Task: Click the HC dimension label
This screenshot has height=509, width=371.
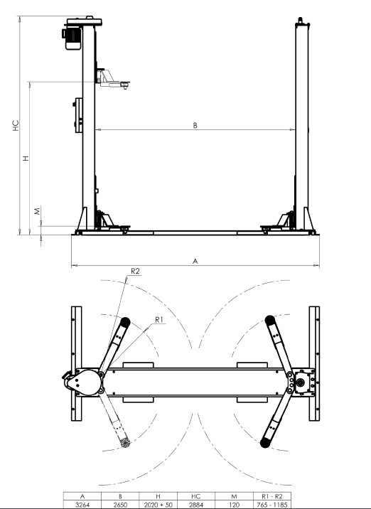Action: click(x=16, y=126)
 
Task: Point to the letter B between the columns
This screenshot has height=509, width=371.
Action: click(x=195, y=125)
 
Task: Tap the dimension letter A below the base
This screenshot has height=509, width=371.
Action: click(x=195, y=261)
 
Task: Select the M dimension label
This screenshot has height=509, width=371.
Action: click(x=38, y=210)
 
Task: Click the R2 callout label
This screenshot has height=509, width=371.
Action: click(x=135, y=271)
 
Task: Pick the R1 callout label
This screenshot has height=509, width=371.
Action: click(x=159, y=320)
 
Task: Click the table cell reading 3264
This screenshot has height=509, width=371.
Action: click(x=82, y=505)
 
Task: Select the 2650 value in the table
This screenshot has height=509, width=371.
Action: click(x=120, y=505)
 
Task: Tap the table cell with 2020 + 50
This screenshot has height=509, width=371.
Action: click(x=158, y=505)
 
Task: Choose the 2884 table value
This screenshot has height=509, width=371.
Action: click(x=196, y=505)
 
